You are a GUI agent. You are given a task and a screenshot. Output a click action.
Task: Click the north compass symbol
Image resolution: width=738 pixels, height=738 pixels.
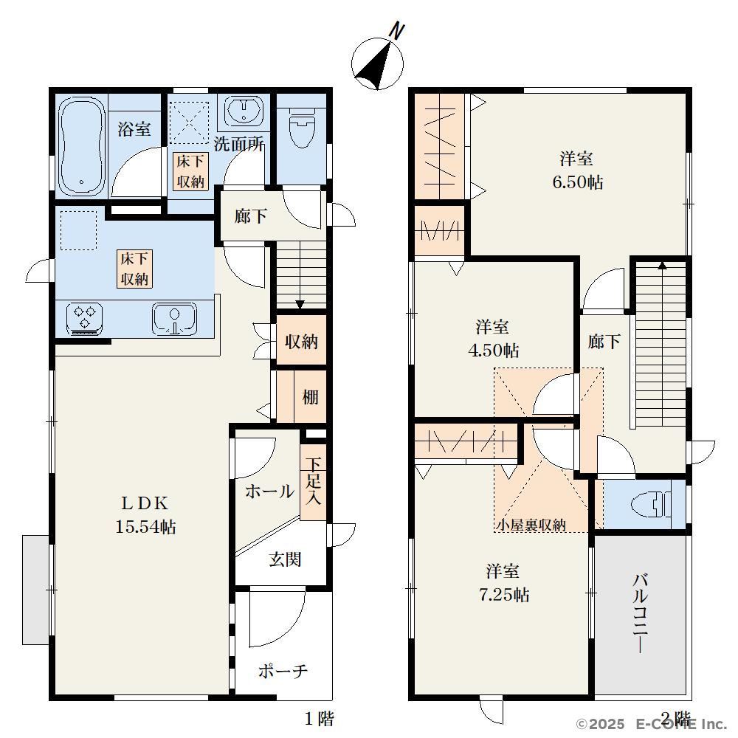pyautogui.click(x=378, y=63)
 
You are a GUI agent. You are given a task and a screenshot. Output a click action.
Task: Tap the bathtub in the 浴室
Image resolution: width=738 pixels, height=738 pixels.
pyautogui.click(x=81, y=146)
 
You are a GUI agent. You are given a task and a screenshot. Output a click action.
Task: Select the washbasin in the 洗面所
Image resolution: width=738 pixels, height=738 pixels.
pyautogui.click(x=244, y=111)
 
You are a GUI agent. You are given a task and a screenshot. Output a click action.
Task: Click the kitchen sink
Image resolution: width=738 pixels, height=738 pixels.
pyautogui.click(x=174, y=319)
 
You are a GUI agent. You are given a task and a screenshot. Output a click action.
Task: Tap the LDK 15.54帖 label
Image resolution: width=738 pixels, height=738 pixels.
pyautogui.click(x=145, y=515)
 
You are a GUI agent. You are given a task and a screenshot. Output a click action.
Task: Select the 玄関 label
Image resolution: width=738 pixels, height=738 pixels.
pyautogui.click(x=285, y=559)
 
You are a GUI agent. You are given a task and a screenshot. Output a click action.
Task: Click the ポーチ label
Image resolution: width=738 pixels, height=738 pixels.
pyautogui.click(x=283, y=671)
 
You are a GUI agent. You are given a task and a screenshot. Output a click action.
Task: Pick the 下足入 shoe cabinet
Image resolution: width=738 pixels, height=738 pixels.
pyautogui.click(x=313, y=482)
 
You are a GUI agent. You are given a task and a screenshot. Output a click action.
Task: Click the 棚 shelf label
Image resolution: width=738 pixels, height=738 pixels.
pyautogui.click(x=310, y=397)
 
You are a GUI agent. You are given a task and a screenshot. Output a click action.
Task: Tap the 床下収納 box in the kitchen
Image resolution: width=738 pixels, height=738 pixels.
pyautogui.click(x=134, y=269)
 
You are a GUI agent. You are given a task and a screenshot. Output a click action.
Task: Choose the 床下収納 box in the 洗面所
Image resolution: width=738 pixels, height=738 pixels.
pyautogui.click(x=190, y=171)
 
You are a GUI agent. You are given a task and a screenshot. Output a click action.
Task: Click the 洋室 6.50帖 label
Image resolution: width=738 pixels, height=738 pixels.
pyautogui.click(x=578, y=170)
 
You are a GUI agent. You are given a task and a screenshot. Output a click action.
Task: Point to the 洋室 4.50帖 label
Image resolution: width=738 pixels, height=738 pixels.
pyautogui.click(x=493, y=339)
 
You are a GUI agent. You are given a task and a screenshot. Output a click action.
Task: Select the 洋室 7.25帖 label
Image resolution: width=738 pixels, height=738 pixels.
pyautogui.click(x=503, y=583)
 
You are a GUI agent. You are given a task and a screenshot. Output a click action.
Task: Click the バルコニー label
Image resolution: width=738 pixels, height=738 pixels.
pyautogui.click(x=640, y=613)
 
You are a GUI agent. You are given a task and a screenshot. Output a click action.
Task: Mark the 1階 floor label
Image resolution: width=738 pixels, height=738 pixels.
pyautogui.click(x=319, y=719)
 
